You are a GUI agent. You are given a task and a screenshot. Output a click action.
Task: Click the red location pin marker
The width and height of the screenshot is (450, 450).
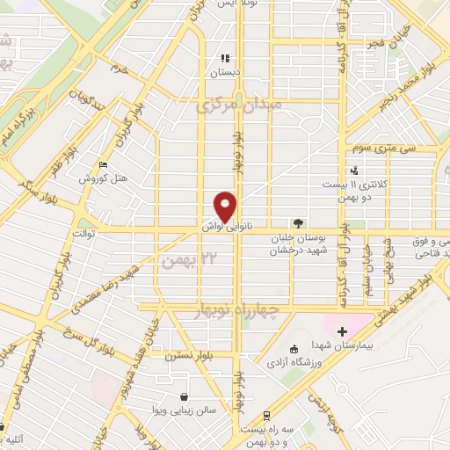226,206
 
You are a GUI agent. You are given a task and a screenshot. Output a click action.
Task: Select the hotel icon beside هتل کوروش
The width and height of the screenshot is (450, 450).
105,164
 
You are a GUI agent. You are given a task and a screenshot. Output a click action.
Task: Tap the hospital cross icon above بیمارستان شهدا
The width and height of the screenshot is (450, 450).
342,331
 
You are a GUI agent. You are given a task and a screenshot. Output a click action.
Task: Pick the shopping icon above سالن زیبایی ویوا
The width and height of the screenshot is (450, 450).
183,396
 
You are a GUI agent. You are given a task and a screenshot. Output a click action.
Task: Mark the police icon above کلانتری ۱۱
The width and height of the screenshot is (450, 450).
354,171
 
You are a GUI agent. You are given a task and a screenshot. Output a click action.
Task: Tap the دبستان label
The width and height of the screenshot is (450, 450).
224,73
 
